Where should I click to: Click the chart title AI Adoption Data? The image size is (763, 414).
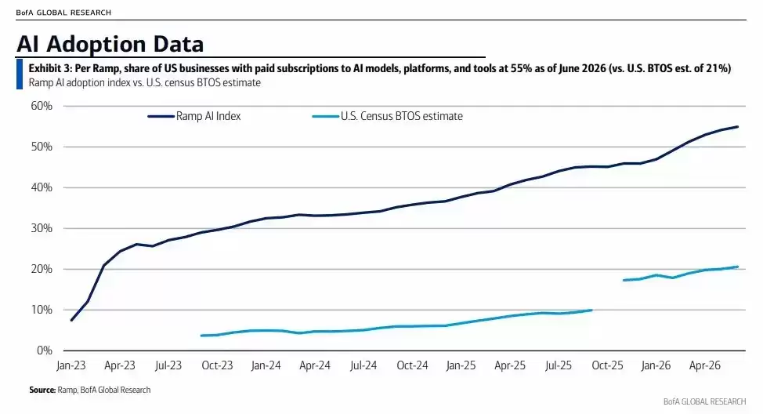pyautogui.click(x=110, y=44)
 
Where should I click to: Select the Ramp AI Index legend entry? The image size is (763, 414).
pyautogui.click(x=194, y=116)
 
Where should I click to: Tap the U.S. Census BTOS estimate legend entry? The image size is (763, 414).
pyautogui.click(x=387, y=116)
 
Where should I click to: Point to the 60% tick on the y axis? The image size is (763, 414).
pyautogui.click(x=42, y=106)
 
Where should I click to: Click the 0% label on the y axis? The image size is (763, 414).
pyautogui.click(x=45, y=350)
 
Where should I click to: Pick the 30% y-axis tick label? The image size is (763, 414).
pyautogui.click(x=42, y=228)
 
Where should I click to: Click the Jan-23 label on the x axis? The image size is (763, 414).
pyautogui.click(x=71, y=365)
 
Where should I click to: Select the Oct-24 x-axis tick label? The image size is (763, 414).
pyautogui.click(x=412, y=365)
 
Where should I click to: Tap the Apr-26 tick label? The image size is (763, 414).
pyautogui.click(x=704, y=365)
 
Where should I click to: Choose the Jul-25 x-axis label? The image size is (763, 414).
pyautogui.click(x=558, y=365)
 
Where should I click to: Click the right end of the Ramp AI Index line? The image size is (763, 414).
pyautogui.click(x=738, y=127)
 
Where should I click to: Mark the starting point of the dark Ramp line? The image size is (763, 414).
pyautogui.click(x=71, y=320)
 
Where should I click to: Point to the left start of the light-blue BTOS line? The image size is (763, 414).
pyautogui.click(x=201, y=336)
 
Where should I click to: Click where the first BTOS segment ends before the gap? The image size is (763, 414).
pyautogui.click(x=591, y=310)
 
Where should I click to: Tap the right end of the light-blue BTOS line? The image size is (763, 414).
pyautogui.click(x=738, y=267)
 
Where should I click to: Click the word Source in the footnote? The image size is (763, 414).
pyautogui.click(x=42, y=390)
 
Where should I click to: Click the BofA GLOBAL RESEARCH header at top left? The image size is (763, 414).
pyautogui.click(x=63, y=13)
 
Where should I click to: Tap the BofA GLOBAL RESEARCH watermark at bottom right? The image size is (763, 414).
pyautogui.click(x=704, y=401)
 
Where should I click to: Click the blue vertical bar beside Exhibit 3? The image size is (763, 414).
pyautogui.click(x=20, y=74)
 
